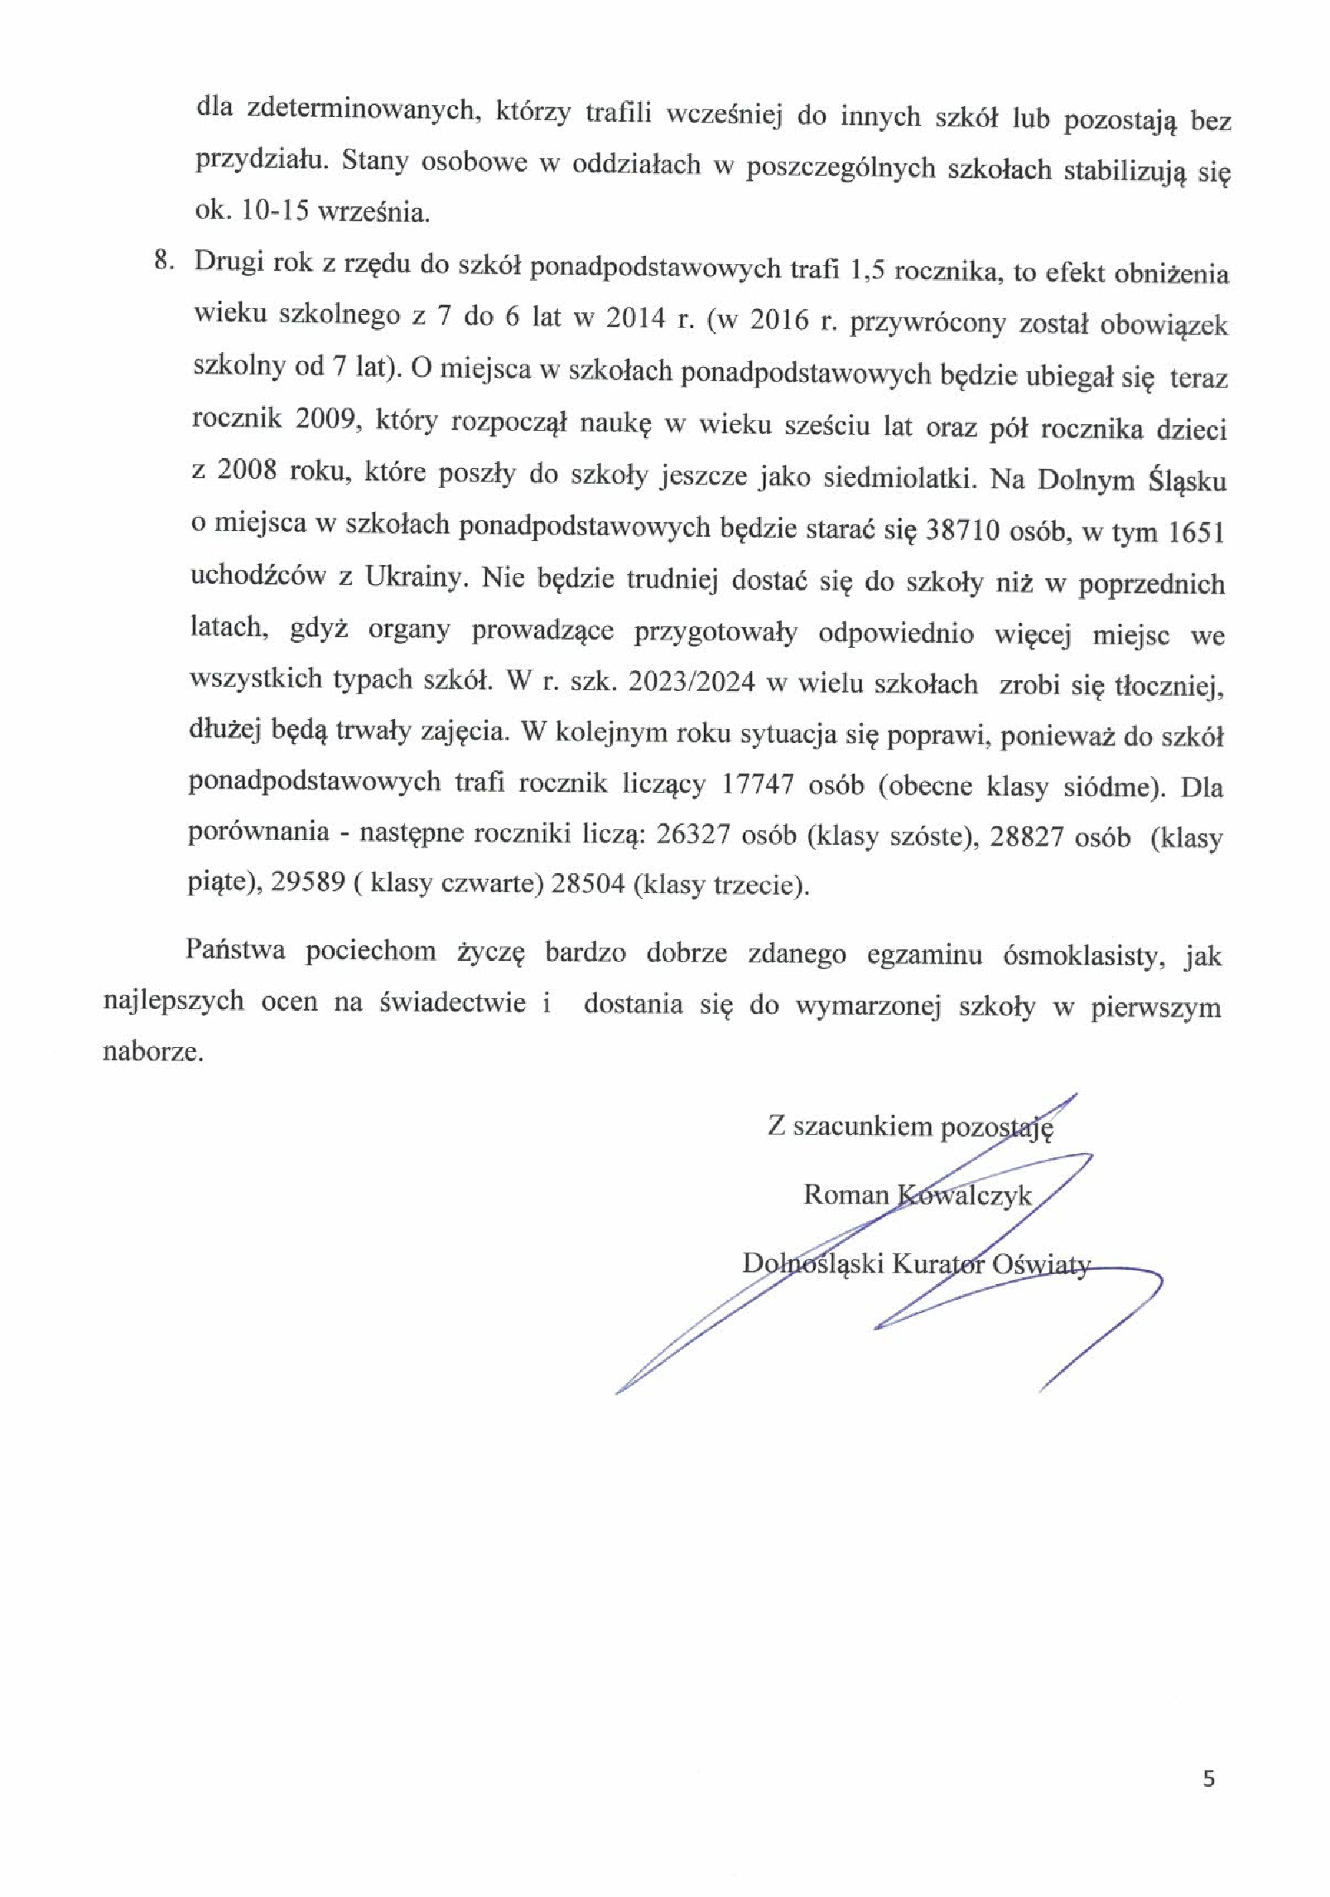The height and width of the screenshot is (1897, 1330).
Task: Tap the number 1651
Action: [x=1194, y=533]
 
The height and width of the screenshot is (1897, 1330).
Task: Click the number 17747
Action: [x=763, y=784]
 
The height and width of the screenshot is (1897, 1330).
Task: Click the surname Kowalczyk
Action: [x=965, y=1195]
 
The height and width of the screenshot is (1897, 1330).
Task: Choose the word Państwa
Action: [x=235, y=949]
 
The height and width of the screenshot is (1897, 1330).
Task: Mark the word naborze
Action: [x=152, y=1053]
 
